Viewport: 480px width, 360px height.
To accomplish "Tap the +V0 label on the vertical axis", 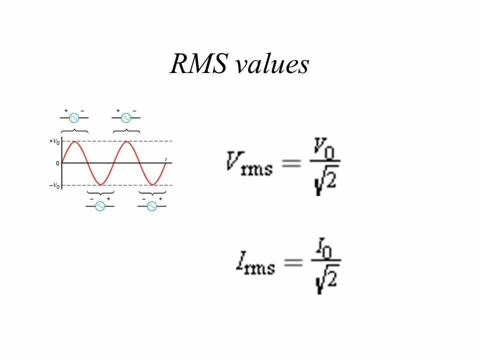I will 54,141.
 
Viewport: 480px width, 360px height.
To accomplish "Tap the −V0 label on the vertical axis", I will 54,186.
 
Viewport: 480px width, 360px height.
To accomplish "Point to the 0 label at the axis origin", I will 57,163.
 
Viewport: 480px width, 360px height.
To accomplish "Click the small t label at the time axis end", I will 165,159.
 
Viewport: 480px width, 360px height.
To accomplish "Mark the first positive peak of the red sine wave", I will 74,142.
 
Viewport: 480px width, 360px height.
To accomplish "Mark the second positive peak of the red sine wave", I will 126,142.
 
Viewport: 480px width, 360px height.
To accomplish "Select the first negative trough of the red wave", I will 100,184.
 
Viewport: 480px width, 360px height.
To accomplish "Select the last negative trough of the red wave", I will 152,184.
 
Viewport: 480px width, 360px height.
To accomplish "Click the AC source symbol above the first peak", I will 74,118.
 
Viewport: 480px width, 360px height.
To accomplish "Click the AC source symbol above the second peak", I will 126,118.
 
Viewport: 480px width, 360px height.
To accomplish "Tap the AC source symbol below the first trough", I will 100,206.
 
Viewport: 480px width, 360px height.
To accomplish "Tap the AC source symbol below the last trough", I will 152,206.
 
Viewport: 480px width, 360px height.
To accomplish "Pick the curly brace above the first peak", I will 74,131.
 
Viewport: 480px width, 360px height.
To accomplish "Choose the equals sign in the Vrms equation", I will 291,163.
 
